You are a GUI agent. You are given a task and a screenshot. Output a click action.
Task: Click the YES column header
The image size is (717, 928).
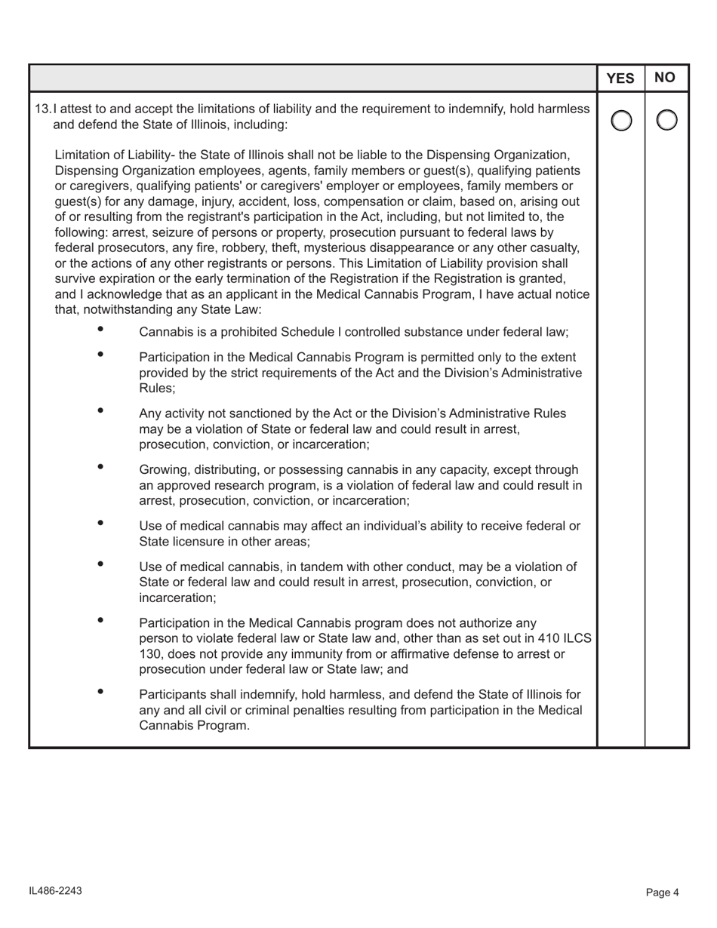tap(620, 78)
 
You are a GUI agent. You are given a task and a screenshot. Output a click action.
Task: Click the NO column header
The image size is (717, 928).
tap(666, 78)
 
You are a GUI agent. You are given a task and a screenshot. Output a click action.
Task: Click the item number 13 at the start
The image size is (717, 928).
tap(42, 109)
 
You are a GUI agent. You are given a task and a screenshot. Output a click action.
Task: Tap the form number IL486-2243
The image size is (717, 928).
tap(55, 891)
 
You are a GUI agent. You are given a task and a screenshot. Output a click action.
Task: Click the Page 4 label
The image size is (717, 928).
tap(663, 892)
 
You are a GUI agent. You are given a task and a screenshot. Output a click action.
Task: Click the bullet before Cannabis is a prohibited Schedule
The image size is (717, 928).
tap(100, 329)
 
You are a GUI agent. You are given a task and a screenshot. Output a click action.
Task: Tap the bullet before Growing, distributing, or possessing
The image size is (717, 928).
tap(100, 467)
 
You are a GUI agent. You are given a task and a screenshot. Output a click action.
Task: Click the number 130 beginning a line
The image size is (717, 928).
tap(149, 654)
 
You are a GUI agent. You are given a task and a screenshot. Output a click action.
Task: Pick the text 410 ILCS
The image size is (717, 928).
tap(566, 638)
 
